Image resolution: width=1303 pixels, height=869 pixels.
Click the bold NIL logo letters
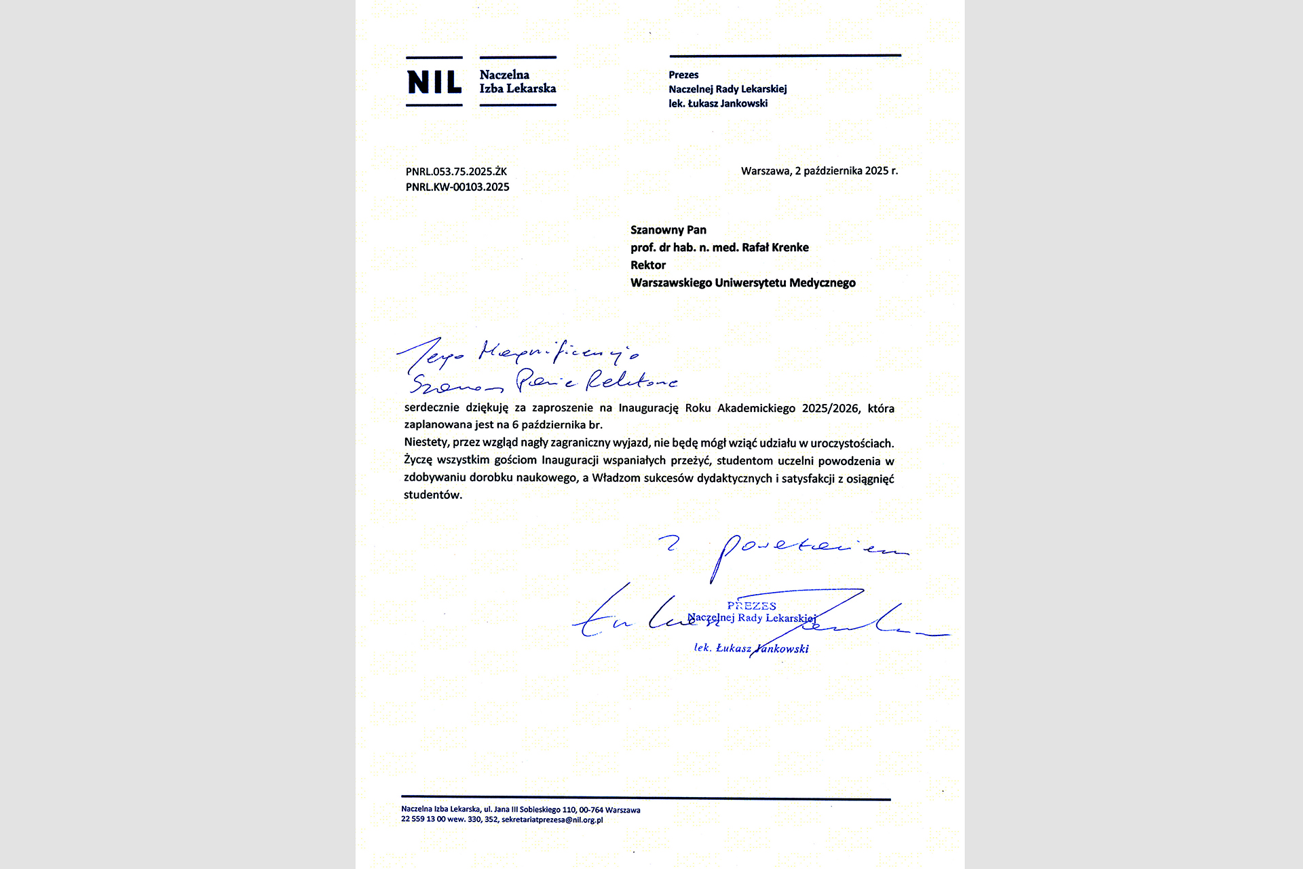(x=434, y=82)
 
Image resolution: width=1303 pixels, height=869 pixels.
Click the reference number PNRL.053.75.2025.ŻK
(x=456, y=172)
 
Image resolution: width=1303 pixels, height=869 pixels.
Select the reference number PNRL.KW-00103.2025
(x=457, y=187)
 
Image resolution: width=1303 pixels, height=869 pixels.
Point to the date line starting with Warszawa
(x=819, y=171)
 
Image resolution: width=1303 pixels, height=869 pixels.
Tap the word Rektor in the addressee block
(x=648, y=265)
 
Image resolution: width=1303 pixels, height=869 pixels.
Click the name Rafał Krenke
(x=775, y=248)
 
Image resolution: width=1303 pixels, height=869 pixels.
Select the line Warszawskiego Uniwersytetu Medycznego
(x=742, y=283)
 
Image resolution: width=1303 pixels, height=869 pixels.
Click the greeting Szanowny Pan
(x=668, y=230)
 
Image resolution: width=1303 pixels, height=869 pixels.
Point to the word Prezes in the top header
(x=683, y=75)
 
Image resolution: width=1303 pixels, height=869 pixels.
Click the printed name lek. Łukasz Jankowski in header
(x=718, y=104)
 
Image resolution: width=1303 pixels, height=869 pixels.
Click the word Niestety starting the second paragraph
(x=426, y=443)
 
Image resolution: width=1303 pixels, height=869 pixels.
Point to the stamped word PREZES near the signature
(x=751, y=606)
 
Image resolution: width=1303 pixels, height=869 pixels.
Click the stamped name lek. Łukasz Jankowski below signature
(x=751, y=648)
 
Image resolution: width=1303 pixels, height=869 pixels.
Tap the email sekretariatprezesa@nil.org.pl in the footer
(x=552, y=820)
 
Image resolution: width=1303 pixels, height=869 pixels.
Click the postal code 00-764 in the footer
(x=591, y=810)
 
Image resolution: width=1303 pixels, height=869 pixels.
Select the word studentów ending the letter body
(x=433, y=495)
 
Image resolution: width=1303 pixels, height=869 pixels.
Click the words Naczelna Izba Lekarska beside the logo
(x=517, y=82)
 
